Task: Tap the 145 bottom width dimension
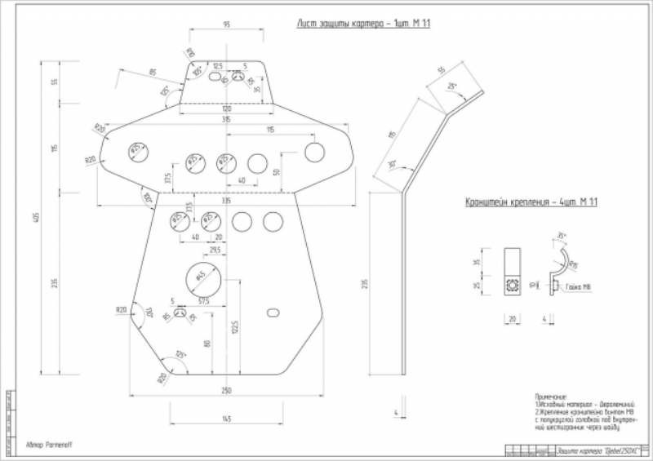(x=226, y=419)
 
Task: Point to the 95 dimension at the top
(x=226, y=24)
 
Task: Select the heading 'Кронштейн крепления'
(x=531, y=202)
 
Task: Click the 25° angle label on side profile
(x=452, y=84)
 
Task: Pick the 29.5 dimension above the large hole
(x=215, y=250)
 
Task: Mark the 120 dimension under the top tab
(x=226, y=109)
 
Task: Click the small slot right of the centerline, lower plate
(x=273, y=313)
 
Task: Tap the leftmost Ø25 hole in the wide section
(x=135, y=149)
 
